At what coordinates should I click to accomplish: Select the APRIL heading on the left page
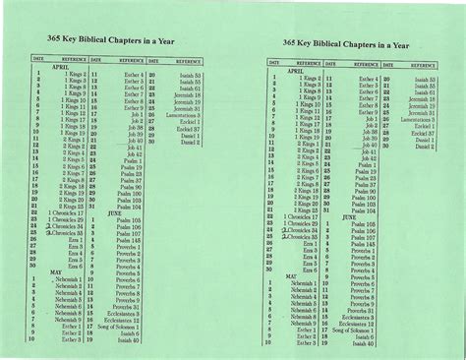click(48, 66)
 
